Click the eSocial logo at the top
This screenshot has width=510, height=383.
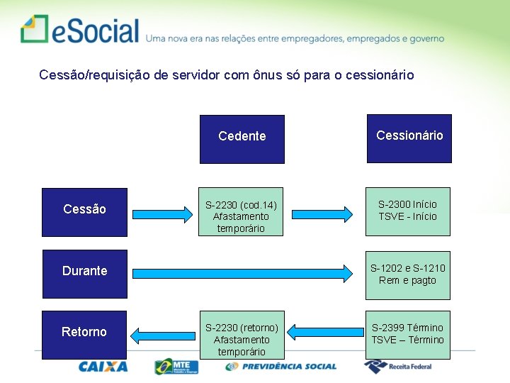(x=79, y=30)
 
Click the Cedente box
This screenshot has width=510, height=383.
(x=242, y=139)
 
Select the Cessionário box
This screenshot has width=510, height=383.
(x=409, y=138)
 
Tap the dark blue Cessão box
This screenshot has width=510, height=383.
(x=84, y=211)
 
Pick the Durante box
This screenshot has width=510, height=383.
(x=84, y=273)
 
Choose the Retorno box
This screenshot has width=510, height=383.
(x=84, y=334)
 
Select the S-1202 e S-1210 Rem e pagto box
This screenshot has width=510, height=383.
(x=409, y=273)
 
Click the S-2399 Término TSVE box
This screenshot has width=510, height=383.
(x=409, y=333)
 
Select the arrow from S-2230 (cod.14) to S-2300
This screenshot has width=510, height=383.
(x=323, y=213)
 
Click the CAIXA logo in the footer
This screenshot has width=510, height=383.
(x=103, y=366)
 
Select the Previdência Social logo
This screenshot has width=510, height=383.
(x=281, y=366)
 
